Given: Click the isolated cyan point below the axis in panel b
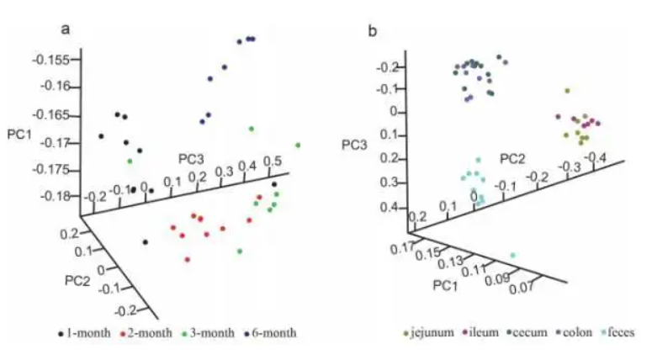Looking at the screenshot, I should [513, 255].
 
